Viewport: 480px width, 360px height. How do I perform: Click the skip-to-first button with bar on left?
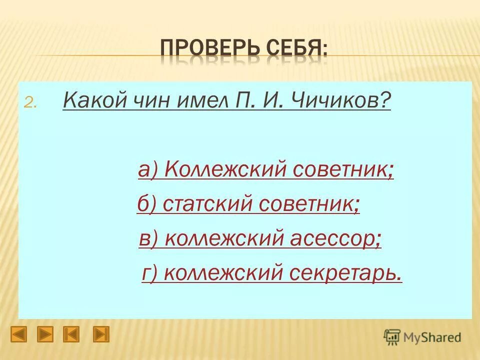[71, 334]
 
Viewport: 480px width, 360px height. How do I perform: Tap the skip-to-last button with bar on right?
[101, 334]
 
